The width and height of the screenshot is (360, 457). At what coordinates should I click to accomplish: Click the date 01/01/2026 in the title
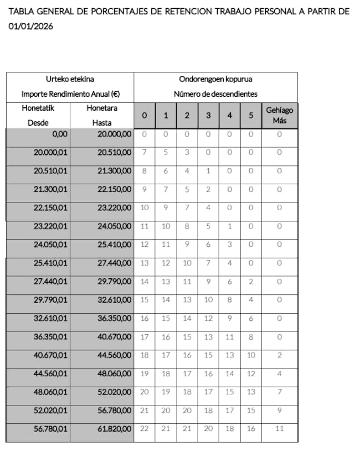31,26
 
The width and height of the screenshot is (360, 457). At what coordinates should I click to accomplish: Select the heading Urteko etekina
70,79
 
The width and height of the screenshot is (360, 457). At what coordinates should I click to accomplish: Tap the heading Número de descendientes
215,94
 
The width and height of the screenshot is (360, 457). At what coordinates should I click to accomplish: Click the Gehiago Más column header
279,115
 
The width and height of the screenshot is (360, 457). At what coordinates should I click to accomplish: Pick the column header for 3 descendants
208,116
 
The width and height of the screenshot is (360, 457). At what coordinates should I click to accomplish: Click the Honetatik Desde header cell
38,115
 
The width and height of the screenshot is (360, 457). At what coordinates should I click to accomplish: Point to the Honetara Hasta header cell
102,115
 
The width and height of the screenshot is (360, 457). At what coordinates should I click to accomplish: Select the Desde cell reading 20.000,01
50,152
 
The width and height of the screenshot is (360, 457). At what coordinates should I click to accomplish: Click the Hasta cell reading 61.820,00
115,429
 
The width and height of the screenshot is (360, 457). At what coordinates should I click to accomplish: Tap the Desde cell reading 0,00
59,134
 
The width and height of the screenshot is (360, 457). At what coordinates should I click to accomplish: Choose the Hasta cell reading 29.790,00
115,282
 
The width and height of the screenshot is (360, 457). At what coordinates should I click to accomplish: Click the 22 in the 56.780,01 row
145,429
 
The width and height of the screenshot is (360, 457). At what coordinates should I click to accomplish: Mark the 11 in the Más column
279,429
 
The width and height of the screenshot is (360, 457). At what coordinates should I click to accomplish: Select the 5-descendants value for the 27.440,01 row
251,282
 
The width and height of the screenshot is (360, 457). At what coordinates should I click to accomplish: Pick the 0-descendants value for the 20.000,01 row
145,152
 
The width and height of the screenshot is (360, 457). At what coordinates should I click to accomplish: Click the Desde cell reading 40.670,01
50,355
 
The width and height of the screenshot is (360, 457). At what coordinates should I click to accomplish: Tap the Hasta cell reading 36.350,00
115,318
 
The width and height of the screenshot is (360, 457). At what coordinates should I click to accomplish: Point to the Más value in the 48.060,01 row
279,392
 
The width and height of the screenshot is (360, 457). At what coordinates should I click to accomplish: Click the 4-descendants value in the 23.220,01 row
230,226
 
